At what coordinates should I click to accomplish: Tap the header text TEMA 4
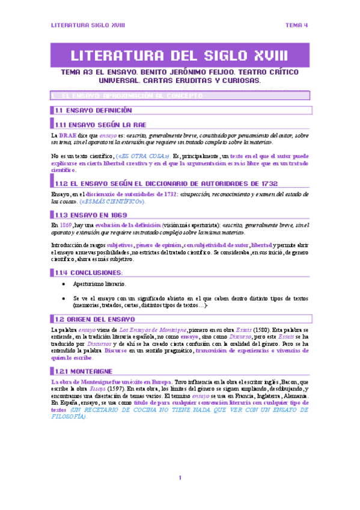(296, 25)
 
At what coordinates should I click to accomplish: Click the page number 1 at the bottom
(180, 478)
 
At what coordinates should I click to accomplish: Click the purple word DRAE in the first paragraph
(67, 137)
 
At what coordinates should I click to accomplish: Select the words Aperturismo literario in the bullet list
(100, 284)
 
